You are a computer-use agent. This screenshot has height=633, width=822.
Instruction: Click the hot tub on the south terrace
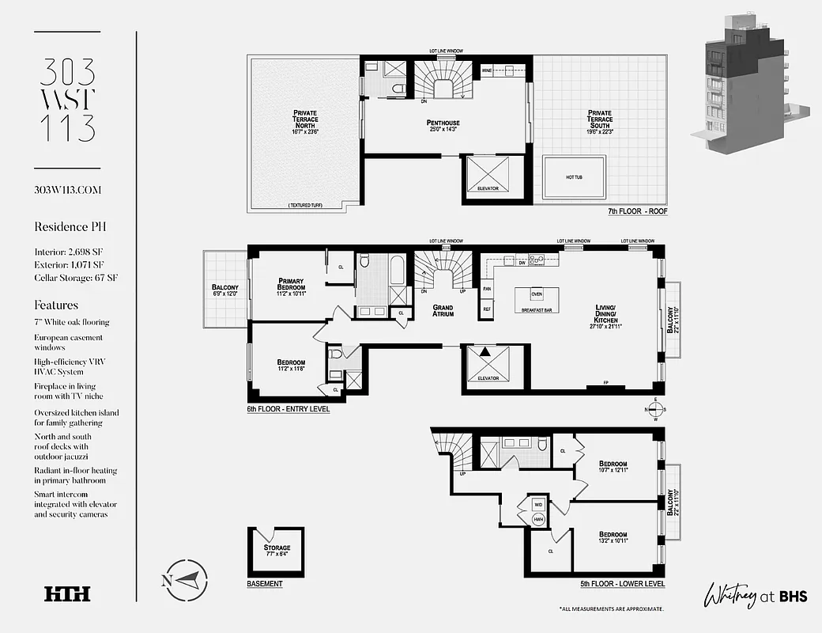pyautogui.click(x=574, y=178)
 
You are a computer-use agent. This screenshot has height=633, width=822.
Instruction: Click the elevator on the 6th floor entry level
pyautogui.click(x=488, y=366)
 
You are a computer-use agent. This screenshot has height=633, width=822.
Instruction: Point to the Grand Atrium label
pyautogui.click(x=443, y=309)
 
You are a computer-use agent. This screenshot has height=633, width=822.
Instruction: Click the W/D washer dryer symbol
pyautogui.click(x=538, y=503)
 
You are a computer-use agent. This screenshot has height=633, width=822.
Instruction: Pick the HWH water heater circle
pyautogui.click(x=538, y=520)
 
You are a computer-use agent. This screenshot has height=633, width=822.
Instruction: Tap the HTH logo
pyautogui.click(x=67, y=593)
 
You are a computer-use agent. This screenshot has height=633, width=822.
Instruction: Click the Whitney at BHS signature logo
pyautogui.click(x=754, y=593)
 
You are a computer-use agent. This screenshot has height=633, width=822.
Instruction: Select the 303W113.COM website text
pyautogui.click(x=68, y=190)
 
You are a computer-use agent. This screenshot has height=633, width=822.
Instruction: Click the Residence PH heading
pyautogui.click(x=70, y=226)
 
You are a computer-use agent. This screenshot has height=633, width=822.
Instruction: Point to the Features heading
pyautogui.click(x=56, y=305)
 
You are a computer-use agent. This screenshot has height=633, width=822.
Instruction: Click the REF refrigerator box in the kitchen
pyautogui.click(x=487, y=309)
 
